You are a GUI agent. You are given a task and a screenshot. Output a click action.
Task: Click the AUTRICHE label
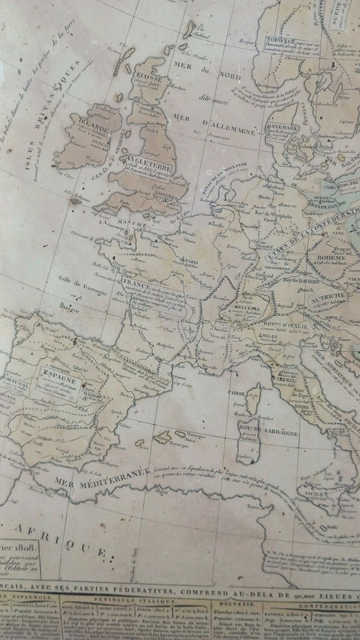[x=327, y=295]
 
